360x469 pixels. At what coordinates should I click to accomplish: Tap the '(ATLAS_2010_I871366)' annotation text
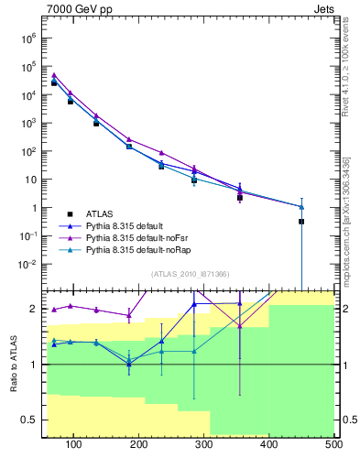point(190,274)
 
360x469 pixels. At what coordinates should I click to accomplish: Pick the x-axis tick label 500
point(333,445)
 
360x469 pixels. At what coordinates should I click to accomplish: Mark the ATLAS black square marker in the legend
point(69,212)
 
